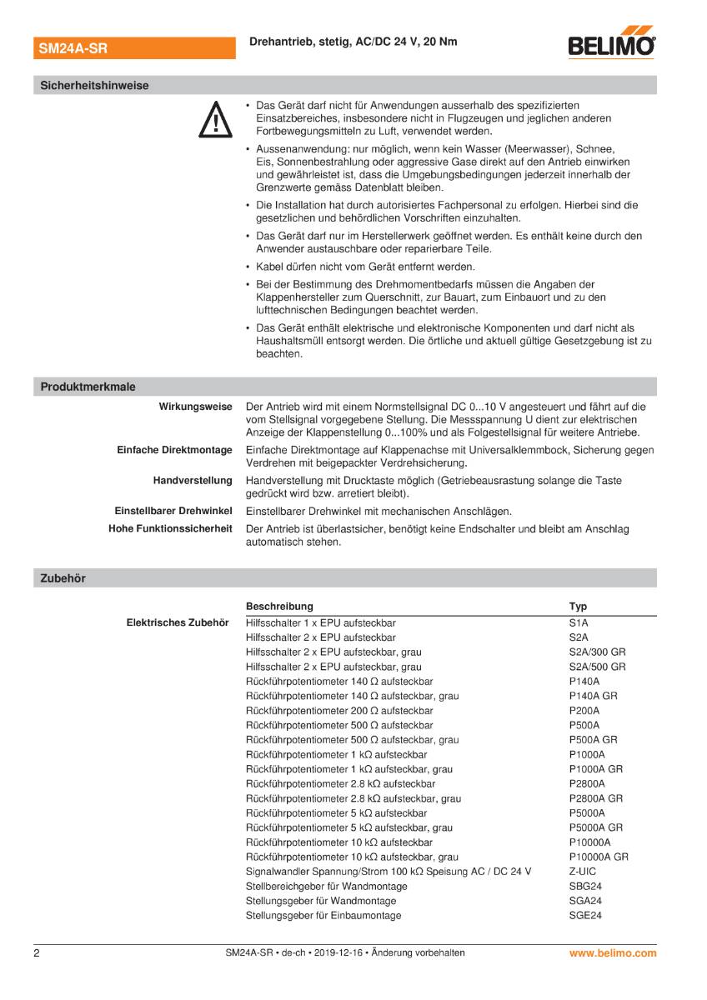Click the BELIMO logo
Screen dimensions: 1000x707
click(611, 44)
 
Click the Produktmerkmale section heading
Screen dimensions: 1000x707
click(88, 387)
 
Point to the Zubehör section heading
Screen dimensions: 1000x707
click(63, 577)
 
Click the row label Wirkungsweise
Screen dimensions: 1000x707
click(195, 407)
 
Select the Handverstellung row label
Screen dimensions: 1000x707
click(193, 481)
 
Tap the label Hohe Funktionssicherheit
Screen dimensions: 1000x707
click(170, 529)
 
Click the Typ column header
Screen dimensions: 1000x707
click(578, 607)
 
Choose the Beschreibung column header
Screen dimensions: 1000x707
click(279, 607)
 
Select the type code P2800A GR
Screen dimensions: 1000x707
click(595, 798)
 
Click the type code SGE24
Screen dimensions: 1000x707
click(585, 916)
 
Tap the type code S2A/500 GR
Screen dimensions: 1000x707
click(597, 667)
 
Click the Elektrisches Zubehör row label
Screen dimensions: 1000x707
click(177, 622)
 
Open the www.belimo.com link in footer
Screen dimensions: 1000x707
click(613, 952)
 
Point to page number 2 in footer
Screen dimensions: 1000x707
click(37, 952)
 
